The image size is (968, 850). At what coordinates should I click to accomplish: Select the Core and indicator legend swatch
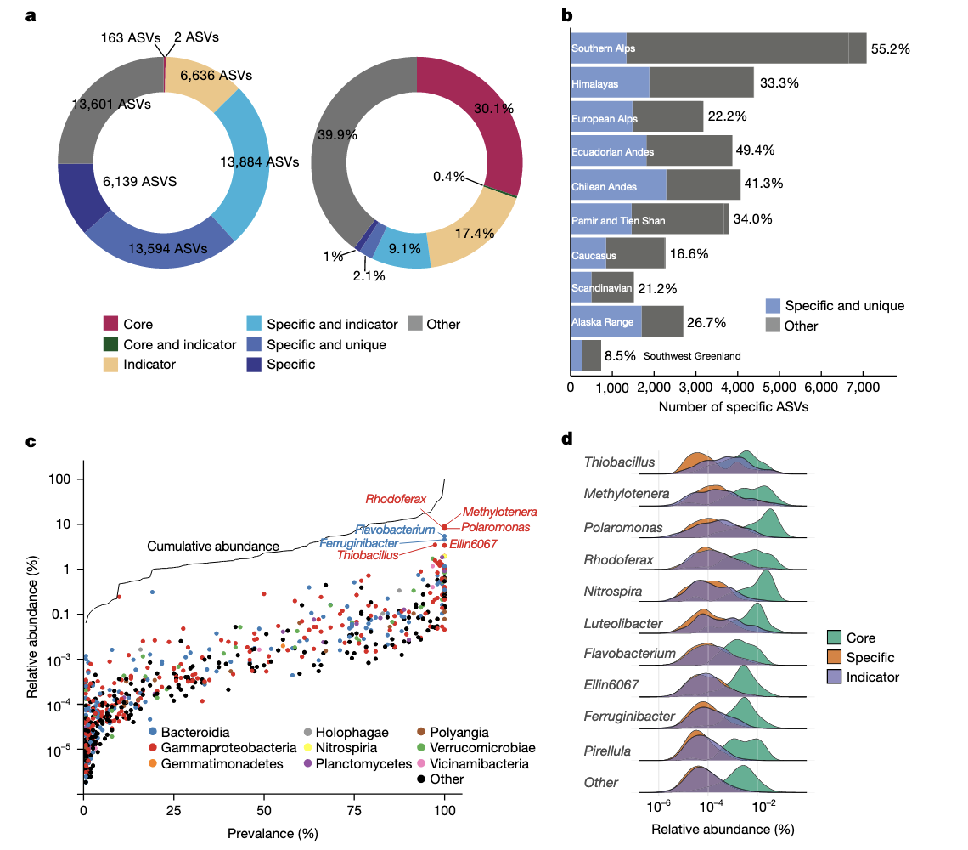tap(110, 344)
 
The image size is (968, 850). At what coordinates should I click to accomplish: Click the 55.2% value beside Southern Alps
tap(891, 49)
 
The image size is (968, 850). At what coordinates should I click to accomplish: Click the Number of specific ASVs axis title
tap(734, 407)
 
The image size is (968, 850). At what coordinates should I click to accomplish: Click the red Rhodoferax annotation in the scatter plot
tap(394, 498)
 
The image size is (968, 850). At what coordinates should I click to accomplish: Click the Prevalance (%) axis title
tap(271, 832)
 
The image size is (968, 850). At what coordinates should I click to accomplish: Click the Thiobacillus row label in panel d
tap(620, 462)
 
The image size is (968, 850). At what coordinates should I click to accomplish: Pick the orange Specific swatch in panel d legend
tap(835, 657)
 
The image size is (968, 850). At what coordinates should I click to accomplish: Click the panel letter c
tap(31, 441)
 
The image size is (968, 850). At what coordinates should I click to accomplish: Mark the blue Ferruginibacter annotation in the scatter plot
tap(358, 542)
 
